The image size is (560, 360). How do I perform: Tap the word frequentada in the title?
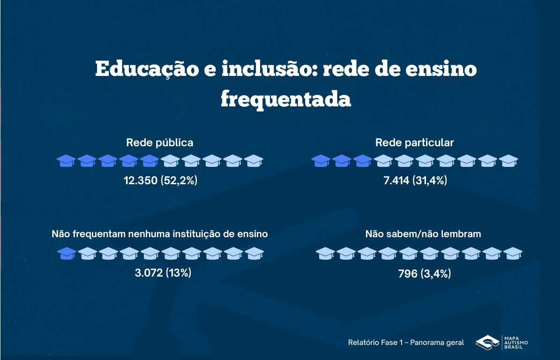(x=285, y=99)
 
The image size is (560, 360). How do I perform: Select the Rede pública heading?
(x=159, y=142)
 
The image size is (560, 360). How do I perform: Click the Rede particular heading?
(x=414, y=142)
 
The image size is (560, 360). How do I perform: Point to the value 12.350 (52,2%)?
(x=160, y=180)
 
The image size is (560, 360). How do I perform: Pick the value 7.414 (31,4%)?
(x=415, y=180)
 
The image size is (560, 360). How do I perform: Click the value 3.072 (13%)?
(x=163, y=272)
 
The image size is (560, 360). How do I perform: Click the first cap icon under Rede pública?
(x=66, y=161)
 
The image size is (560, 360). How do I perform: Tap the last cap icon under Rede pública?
(x=254, y=161)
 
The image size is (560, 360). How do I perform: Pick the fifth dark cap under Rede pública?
(x=149, y=161)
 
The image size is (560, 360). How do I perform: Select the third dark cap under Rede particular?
(x=363, y=161)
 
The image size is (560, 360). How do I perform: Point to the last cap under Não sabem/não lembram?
(x=513, y=254)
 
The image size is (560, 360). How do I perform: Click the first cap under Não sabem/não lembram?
(x=325, y=254)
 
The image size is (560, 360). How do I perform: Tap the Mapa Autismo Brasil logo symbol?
(x=487, y=342)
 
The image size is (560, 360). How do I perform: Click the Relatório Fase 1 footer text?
(x=406, y=343)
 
